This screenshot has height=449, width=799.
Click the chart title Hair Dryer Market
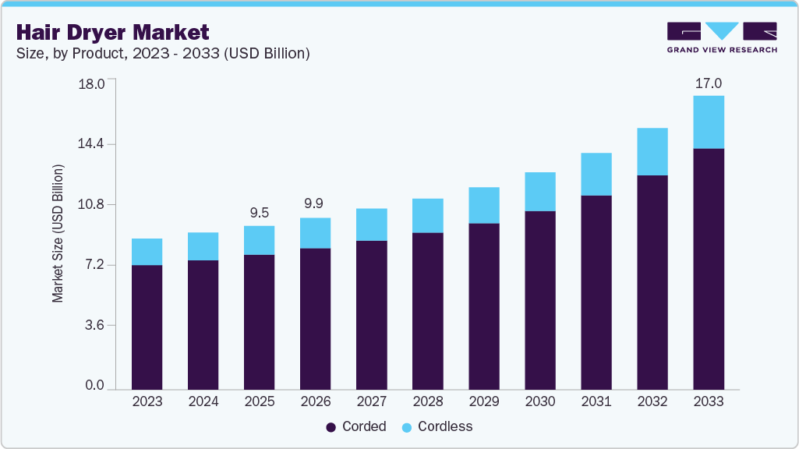coord(112,33)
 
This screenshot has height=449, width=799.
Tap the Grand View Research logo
coord(722,37)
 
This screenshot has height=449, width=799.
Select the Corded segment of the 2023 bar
coord(147,327)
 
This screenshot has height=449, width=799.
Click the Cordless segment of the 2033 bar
coord(708,122)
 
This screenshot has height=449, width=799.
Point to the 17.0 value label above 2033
coord(708,83)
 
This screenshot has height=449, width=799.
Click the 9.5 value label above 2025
coord(259,213)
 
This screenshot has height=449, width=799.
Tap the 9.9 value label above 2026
coord(315,204)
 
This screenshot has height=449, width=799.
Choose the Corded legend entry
coord(355,426)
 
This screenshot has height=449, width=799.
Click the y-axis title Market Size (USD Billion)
coord(58,234)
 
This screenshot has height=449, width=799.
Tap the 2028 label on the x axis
coord(427,401)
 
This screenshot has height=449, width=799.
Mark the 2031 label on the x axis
coord(596,401)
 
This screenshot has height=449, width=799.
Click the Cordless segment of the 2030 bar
coord(539,192)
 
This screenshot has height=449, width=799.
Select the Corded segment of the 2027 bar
coord(371,314)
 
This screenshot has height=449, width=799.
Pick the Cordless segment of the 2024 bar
coord(203,246)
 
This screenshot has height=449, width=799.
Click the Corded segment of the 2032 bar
coord(652,281)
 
